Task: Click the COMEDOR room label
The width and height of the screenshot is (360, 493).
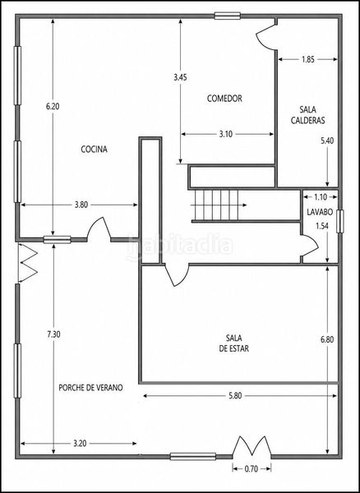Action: [x=224, y=99]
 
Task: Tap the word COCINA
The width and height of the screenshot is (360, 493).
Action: [x=94, y=149]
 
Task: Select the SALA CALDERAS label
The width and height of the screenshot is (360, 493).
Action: [x=307, y=115]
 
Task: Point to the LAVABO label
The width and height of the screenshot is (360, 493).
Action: [x=320, y=212]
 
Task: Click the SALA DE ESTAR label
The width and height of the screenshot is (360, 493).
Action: [x=234, y=343]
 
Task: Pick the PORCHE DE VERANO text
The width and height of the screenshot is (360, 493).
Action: [x=91, y=388]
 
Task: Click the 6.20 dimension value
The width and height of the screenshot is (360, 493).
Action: [x=53, y=106]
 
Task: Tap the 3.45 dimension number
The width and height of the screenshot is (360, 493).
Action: [x=180, y=77]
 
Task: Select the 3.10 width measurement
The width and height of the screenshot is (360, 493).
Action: [x=225, y=134]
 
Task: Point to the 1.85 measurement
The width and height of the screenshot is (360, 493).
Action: [x=307, y=59]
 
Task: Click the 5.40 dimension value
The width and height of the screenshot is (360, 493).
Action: [x=327, y=141]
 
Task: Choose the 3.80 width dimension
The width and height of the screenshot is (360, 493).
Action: [x=81, y=205]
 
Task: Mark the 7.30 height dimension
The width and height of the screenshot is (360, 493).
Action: [x=53, y=334]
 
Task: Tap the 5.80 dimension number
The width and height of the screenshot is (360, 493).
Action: [x=235, y=396]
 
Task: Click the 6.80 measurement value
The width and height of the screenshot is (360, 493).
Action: [x=327, y=339]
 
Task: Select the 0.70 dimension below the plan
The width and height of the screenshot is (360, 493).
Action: [x=252, y=469]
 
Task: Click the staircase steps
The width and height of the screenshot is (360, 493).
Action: [x=216, y=205]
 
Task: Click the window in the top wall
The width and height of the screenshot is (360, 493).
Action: [x=228, y=16]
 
